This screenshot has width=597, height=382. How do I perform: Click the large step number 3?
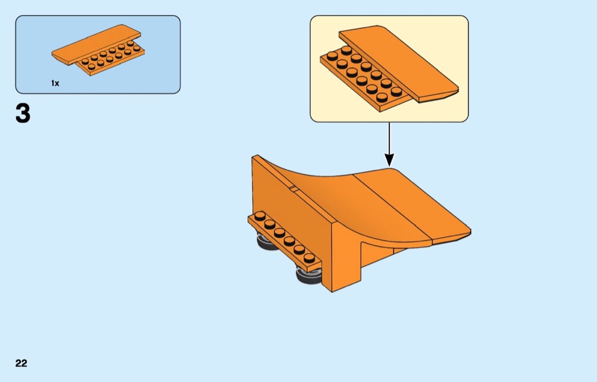click(x=22, y=114)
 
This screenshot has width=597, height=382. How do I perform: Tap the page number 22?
click(x=21, y=363)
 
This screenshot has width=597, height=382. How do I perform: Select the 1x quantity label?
click(x=55, y=83)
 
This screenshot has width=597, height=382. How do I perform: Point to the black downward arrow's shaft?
click(x=389, y=139)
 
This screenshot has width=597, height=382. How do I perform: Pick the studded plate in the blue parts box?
click(x=114, y=59)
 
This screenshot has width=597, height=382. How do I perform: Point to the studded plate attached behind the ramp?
click(x=284, y=239)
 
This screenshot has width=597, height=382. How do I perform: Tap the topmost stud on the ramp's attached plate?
click(x=260, y=215)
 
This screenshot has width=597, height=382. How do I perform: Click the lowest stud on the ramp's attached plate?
click(x=309, y=257)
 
